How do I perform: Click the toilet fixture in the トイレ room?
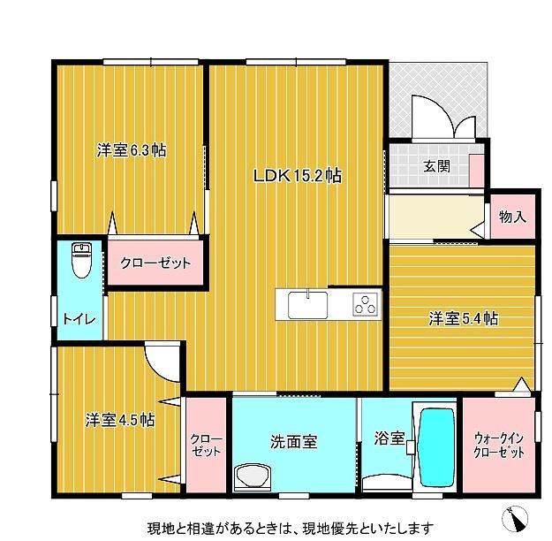(x=81, y=260)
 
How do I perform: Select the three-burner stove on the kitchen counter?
(x=366, y=304)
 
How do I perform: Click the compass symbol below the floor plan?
(x=515, y=518)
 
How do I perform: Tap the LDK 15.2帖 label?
(x=298, y=176)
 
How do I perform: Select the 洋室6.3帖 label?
(x=132, y=150)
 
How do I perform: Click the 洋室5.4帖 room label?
(x=464, y=318)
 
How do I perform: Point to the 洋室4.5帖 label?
(x=120, y=420)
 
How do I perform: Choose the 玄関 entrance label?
(x=436, y=166)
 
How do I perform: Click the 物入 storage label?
(x=512, y=217)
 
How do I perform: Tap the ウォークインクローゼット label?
(x=499, y=446)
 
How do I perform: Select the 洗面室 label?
(x=294, y=441)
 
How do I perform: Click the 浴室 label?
(x=389, y=438)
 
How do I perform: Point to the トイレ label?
(x=79, y=319)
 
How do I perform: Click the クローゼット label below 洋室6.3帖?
(x=155, y=263)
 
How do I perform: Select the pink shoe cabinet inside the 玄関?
(x=477, y=171)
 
